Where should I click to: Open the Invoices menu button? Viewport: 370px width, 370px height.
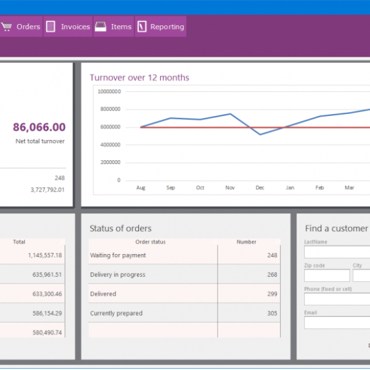68,27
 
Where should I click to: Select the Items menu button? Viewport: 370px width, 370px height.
113,27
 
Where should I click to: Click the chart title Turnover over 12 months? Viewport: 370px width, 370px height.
139,78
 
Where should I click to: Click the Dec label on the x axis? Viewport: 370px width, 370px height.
259,187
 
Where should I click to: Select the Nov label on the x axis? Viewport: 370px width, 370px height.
229,187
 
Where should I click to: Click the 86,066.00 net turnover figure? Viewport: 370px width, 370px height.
39,127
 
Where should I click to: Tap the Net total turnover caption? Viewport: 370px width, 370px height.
40,141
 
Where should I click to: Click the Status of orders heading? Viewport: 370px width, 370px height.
120,229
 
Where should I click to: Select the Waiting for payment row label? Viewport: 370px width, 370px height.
118,255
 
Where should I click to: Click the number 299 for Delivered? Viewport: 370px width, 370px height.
272,294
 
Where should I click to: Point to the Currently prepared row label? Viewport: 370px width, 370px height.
117,313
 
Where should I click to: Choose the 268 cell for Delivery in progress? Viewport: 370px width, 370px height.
272,275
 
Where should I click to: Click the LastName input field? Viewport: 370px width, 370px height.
337,252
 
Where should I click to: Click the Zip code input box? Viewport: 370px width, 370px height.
327,276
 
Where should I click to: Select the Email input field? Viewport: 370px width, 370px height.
337,323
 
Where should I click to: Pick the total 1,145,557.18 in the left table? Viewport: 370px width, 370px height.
45,255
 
